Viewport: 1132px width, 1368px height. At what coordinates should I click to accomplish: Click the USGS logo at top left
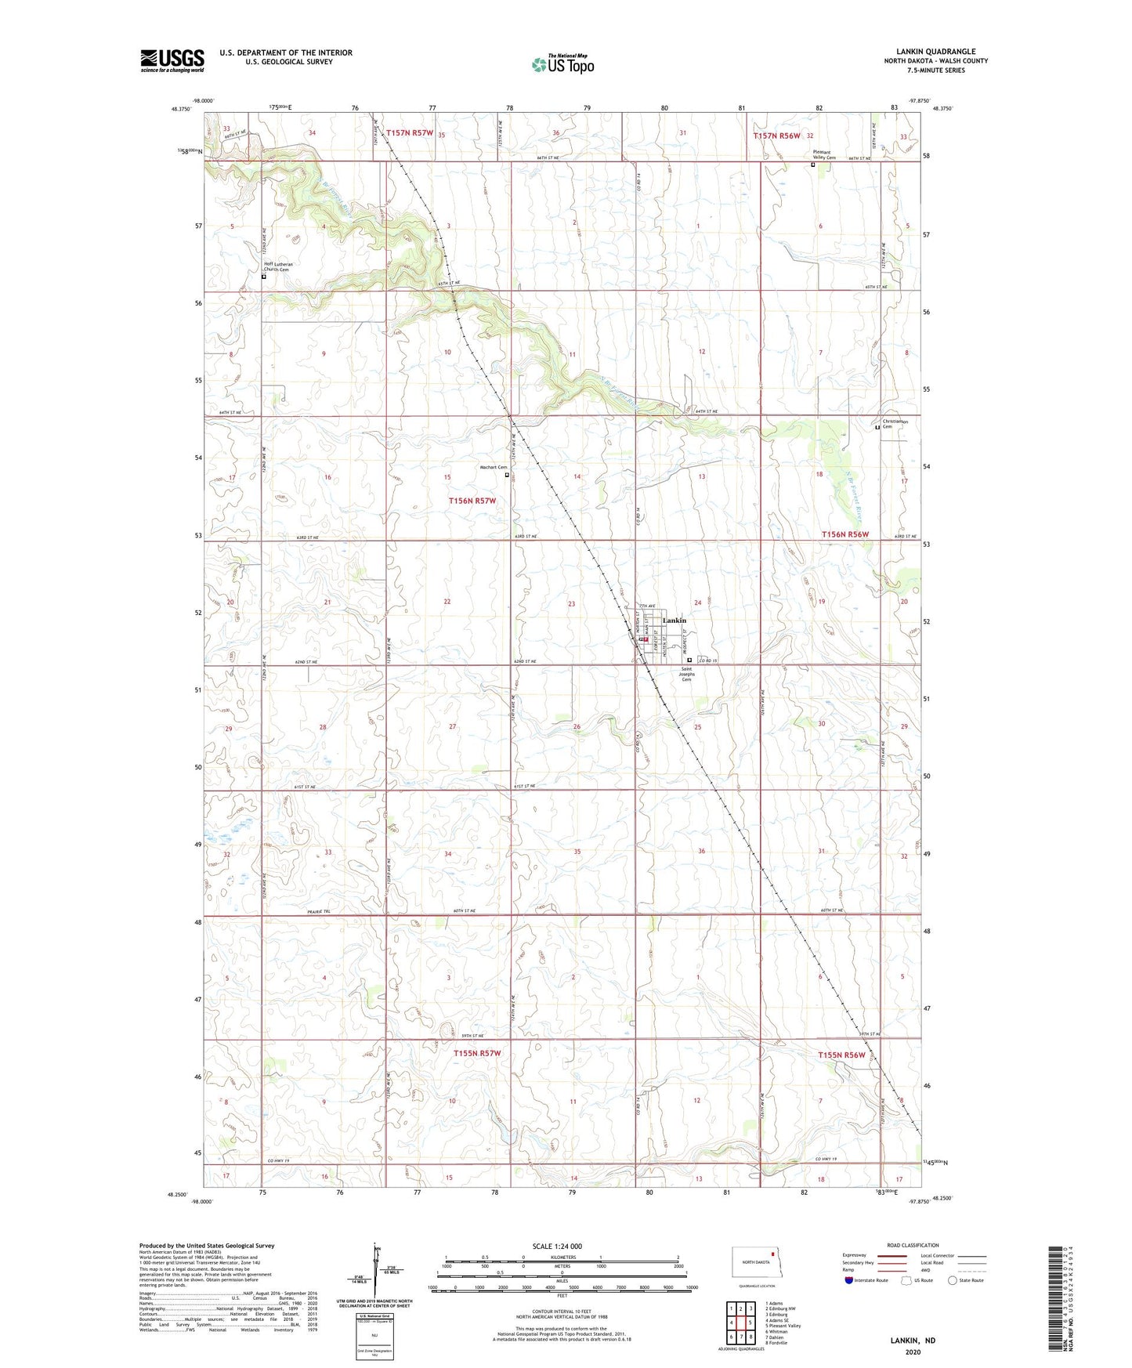click(172, 60)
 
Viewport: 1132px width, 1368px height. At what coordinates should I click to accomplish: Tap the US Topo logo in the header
click(562, 64)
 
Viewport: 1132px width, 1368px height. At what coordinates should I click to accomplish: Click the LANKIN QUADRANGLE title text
click(935, 52)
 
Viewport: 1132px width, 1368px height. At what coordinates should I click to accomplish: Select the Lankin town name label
click(674, 621)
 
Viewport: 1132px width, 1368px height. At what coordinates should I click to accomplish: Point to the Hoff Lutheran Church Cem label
click(278, 267)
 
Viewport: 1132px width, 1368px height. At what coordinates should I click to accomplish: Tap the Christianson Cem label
click(895, 424)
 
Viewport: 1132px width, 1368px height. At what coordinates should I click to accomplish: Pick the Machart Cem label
click(494, 468)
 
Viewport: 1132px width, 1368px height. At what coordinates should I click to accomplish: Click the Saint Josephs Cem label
click(686, 674)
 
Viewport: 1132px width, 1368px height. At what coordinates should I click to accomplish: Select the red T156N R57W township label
click(472, 501)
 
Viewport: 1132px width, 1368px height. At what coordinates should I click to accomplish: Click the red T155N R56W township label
click(841, 1055)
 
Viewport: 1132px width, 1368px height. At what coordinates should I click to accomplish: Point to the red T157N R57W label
click(409, 133)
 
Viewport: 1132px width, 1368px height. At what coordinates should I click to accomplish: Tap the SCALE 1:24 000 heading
click(557, 1246)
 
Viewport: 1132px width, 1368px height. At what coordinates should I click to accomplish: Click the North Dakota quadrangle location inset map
click(755, 1264)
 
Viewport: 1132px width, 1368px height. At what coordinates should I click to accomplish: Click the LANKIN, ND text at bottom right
click(913, 1341)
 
